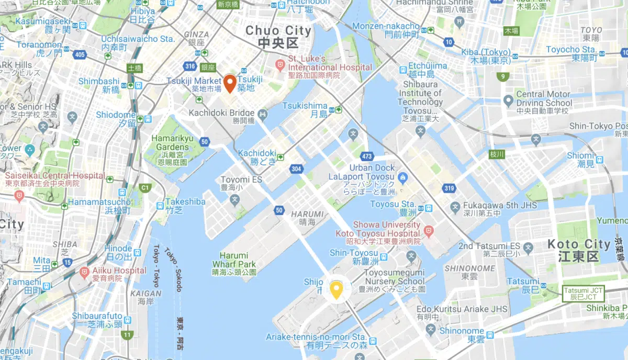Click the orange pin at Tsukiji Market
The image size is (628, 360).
click(x=230, y=83)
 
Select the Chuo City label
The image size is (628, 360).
click(x=278, y=37)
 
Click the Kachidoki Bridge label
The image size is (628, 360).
click(x=226, y=113)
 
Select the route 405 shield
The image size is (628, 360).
click(x=80, y=54)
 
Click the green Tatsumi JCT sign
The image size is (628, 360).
click(x=579, y=293)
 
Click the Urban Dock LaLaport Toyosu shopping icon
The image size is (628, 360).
click(x=402, y=178)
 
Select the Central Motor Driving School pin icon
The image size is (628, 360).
click(x=508, y=100)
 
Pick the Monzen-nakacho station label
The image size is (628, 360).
click(x=386, y=30)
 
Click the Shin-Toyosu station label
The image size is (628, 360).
click(x=354, y=256)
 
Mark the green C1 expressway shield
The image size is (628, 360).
click(x=144, y=187)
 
